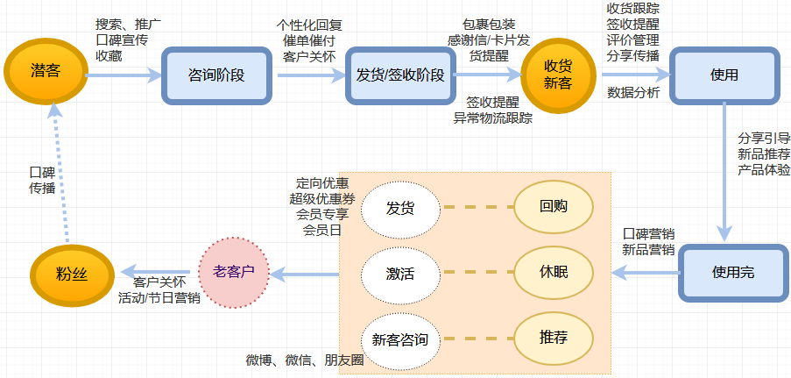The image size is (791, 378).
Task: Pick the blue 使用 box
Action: (724, 75)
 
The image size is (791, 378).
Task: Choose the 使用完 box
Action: (733, 273)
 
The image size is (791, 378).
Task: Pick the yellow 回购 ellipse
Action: (554, 208)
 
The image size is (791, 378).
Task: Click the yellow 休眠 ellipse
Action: (554, 272)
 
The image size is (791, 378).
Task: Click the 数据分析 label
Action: (633, 94)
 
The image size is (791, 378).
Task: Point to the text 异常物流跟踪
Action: (492, 118)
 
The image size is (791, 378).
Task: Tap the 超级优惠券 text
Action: (319, 199)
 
